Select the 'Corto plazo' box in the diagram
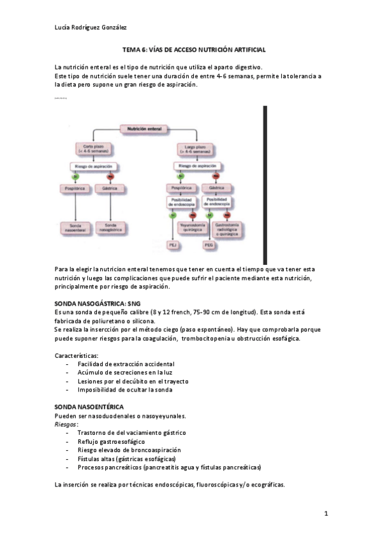[93, 149]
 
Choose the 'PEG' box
[208, 244]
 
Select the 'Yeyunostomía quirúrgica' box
[191, 226]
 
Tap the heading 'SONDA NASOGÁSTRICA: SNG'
[97, 304]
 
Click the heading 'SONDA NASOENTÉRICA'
[89, 406]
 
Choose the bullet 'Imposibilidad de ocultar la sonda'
[125, 389]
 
